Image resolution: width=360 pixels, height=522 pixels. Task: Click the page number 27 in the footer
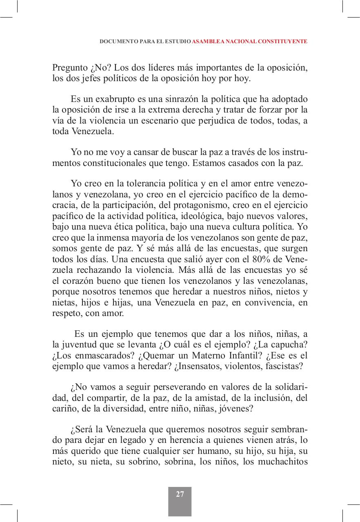pos(180,494)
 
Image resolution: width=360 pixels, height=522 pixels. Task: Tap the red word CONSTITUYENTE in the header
pos(284,42)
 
